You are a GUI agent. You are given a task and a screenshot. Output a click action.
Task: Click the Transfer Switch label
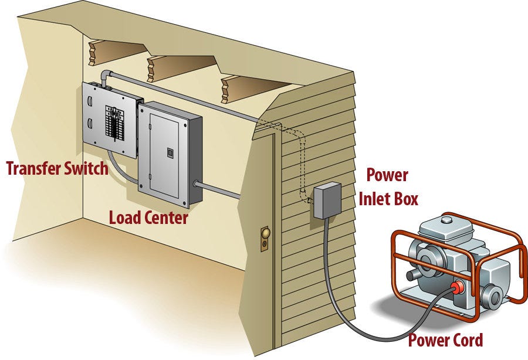(x=57, y=168)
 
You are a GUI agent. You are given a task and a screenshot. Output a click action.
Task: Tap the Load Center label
(x=148, y=218)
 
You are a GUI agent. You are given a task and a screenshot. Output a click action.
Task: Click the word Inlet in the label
(x=378, y=199)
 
